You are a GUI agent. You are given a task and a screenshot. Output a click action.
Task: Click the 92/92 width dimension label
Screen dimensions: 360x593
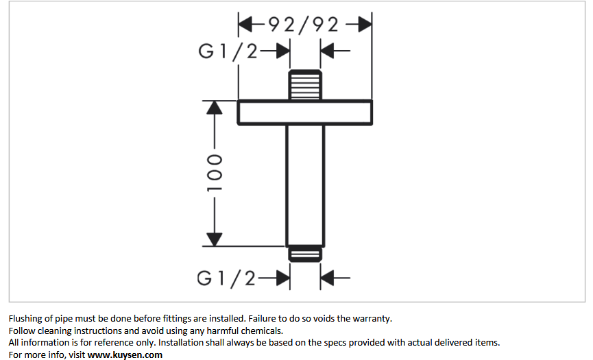click(304, 25)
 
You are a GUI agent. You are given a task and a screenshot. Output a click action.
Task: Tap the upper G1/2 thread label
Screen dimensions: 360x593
click(227, 52)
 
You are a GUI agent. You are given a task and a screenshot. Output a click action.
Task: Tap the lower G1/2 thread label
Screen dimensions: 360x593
click(226, 278)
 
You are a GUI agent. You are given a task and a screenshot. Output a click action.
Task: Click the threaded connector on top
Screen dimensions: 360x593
click(304, 85)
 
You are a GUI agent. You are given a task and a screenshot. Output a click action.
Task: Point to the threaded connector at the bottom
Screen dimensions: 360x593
click(304, 254)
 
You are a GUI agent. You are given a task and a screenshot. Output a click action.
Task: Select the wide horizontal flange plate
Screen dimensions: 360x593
click(304, 112)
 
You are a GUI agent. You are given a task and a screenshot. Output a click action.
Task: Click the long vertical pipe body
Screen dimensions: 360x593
click(304, 185)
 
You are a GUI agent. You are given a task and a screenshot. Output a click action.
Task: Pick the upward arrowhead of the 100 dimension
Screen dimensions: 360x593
click(215, 108)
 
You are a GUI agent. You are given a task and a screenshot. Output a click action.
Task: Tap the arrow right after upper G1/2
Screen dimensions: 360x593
click(276, 52)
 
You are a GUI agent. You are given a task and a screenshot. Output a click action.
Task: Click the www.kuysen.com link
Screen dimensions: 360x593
click(125, 355)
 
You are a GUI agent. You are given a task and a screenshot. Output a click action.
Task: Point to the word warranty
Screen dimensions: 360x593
click(371, 318)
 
